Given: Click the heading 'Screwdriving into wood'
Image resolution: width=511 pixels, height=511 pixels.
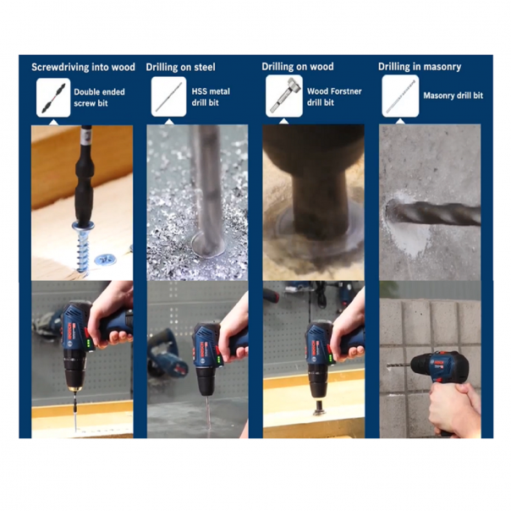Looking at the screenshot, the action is pos(83,67).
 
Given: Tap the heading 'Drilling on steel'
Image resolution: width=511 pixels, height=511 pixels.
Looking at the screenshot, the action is pos(180,67).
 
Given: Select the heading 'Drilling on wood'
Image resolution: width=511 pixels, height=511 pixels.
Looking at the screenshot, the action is pos(298,67).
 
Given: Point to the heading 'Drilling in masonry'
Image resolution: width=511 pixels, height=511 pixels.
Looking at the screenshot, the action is pos(420,67).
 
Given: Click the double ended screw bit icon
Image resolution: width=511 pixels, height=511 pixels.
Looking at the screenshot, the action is pos(53,97).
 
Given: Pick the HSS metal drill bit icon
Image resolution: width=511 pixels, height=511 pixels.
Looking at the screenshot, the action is pos(169,96).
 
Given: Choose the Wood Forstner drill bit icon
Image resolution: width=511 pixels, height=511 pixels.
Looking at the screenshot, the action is pos(284,96).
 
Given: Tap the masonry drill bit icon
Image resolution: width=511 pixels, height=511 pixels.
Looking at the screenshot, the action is pos(400,96).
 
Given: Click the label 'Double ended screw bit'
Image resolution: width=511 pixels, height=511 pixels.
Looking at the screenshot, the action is pos(99,97).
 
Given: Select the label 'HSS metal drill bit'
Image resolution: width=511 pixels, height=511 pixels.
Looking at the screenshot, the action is pos(211,96).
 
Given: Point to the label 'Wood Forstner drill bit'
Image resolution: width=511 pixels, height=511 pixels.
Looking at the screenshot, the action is pos(334,96).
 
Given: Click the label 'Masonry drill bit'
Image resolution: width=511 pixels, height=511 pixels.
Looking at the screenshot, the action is pos(453,96).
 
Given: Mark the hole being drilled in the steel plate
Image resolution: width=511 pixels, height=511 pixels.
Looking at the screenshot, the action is pos(208,245).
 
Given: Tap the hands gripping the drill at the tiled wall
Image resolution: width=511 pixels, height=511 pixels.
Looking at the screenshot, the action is pos(453,408).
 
